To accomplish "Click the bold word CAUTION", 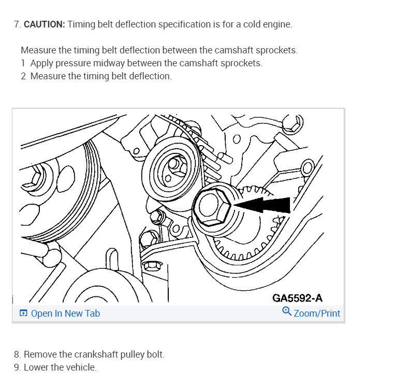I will [x=45, y=24].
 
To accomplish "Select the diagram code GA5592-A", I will [x=298, y=298].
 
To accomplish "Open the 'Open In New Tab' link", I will [x=65, y=314].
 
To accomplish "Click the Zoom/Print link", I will [x=317, y=314].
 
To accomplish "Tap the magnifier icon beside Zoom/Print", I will [x=287, y=312].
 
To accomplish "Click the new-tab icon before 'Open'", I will [x=23, y=314].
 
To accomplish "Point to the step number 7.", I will [x=17, y=24].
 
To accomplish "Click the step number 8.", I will [x=17, y=354].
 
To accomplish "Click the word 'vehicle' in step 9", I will [x=81, y=367].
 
